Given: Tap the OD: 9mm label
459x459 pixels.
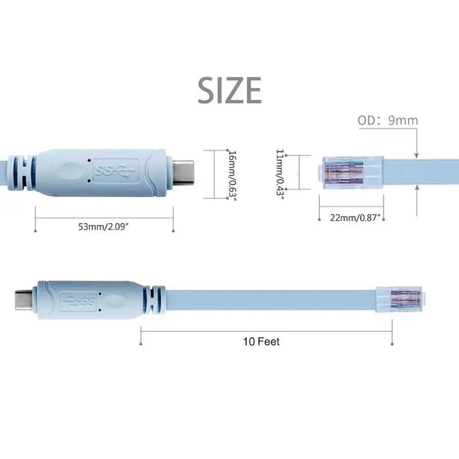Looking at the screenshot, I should pyautogui.click(x=388, y=120).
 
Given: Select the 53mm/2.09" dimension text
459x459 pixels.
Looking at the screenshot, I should pyautogui.click(x=104, y=227).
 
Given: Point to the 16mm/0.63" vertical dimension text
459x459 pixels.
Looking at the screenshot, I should pyautogui.click(x=231, y=174).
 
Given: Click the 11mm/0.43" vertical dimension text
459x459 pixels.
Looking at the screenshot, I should pyautogui.click(x=279, y=172).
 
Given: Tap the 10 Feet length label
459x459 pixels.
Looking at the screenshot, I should pyautogui.click(x=261, y=341).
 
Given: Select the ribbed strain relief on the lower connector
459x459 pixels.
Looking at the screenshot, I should pyautogui.click(x=152, y=298).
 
